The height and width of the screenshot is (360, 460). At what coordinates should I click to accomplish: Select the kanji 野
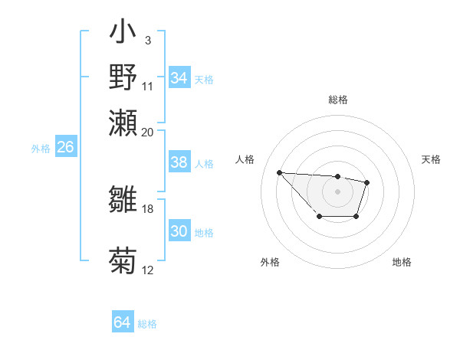[x=123, y=78]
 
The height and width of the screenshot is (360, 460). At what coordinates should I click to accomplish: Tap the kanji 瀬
[x=123, y=123]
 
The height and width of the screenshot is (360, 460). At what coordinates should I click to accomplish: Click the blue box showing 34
[x=179, y=78]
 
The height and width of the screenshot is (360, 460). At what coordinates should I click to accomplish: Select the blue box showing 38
[x=179, y=162]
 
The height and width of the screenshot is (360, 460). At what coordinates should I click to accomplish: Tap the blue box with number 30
[x=179, y=232]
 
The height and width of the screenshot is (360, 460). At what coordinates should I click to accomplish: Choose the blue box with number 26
[x=65, y=147]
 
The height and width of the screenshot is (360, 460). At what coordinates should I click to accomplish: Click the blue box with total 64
[x=123, y=322]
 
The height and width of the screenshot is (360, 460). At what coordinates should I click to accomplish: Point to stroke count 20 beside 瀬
[x=148, y=131]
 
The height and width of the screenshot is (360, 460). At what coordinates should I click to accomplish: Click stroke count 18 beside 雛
[x=148, y=208]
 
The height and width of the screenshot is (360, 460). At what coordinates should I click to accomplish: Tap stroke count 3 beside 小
[x=148, y=39]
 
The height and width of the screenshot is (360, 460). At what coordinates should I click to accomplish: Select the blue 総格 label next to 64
[x=147, y=324]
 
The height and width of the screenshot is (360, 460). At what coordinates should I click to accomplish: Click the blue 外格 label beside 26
[x=41, y=149]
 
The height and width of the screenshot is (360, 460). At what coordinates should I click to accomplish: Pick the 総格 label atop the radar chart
[x=337, y=100]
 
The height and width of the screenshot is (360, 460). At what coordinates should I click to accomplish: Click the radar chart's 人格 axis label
[x=245, y=159]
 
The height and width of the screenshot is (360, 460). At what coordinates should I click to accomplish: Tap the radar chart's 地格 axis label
[x=402, y=262]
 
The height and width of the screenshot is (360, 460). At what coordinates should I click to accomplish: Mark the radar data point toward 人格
[x=279, y=172]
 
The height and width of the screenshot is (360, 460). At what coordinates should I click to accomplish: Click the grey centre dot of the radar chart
[x=337, y=191]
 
